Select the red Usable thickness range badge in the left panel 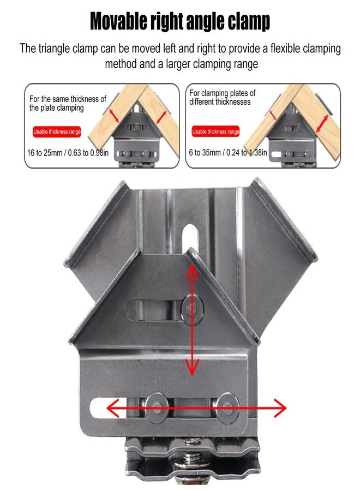click(57, 131)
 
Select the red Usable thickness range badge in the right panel click(215, 131)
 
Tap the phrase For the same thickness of click(68, 99)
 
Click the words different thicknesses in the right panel click(220, 102)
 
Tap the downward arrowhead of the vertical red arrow click(192, 367)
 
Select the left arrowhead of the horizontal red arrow click(113, 408)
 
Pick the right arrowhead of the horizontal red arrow click(280, 408)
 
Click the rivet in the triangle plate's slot click(192, 308)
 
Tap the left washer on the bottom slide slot click(157, 407)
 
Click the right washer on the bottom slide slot click(228, 407)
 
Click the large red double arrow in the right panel click(322, 124)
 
